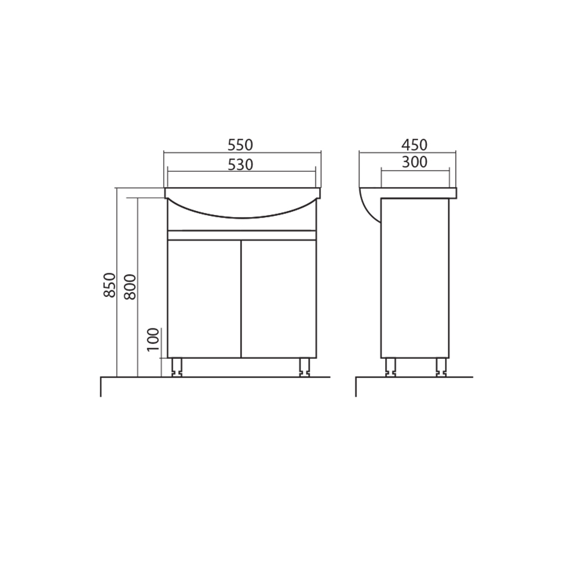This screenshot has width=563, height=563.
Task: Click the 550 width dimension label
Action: pos(240,145)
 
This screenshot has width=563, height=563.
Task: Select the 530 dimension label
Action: pos(240,165)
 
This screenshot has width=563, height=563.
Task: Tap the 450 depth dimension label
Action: pos(415,145)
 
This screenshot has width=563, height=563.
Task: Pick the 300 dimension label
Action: pos(415,162)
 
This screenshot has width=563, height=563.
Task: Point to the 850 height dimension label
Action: pos(110,285)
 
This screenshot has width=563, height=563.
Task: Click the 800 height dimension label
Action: pos(130,287)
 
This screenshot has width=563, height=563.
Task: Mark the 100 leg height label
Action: pos(153,340)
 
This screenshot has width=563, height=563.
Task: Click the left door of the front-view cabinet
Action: pos(204,299)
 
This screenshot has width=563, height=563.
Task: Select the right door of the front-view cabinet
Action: pos(279,299)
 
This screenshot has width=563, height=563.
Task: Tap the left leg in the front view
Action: pos(177,367)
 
